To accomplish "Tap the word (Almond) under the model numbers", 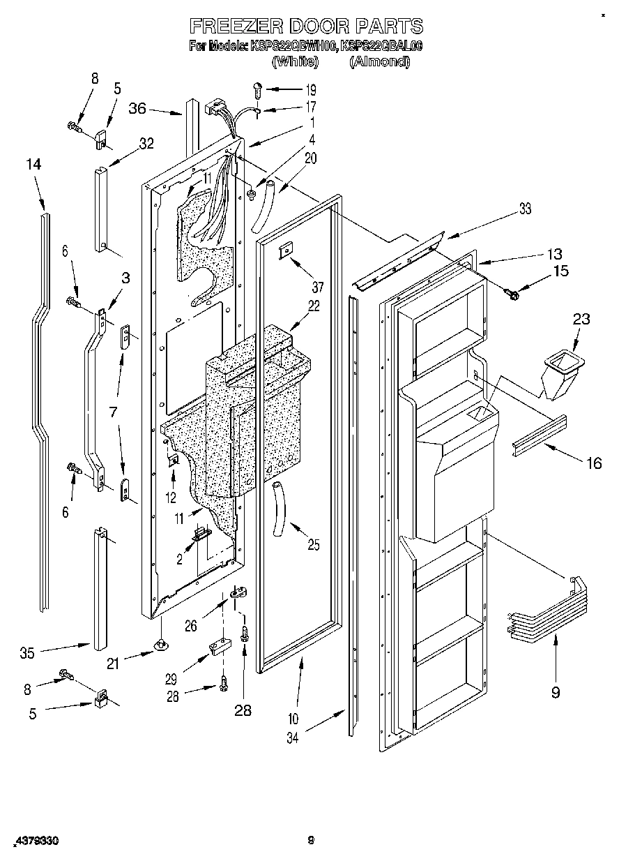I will pos(379,61).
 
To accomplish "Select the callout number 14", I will pos(33,165).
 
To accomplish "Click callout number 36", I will pos(137,108).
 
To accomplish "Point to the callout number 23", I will pos(581,320).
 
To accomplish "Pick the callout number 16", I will pos(593,462).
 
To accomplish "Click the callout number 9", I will pos(555,692).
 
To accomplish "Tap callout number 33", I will pos(525,208).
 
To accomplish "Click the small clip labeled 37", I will pos(285,253).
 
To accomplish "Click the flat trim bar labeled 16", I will pos(540,437).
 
